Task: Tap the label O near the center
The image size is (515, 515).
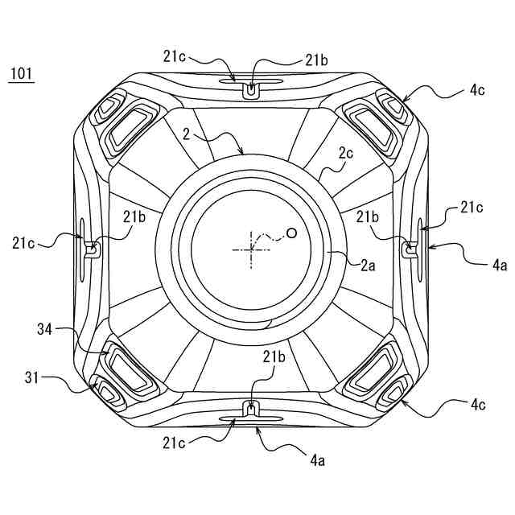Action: tap(291, 233)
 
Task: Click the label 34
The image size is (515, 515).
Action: tap(45, 328)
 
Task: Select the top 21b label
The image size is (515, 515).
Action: tap(315, 60)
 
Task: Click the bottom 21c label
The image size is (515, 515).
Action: tap(179, 442)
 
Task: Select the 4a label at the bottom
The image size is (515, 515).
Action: tap(319, 461)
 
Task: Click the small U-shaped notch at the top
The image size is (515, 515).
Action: tap(252, 92)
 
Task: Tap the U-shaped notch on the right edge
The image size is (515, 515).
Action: tap(411, 249)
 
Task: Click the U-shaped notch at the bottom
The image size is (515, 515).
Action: tap(252, 410)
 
